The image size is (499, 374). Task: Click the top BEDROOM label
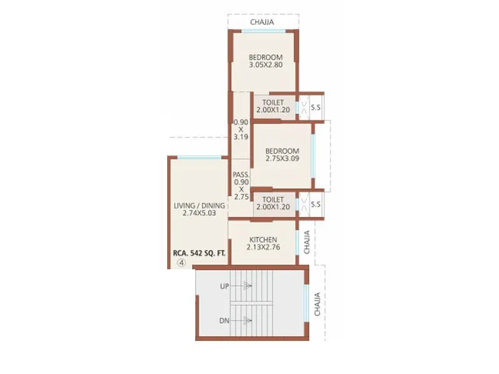(x=266, y=57)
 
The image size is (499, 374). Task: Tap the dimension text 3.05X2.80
(x=266, y=65)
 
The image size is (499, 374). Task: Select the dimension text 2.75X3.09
(x=282, y=158)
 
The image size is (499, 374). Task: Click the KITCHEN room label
(x=263, y=240)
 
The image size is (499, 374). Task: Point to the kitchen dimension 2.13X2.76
(x=263, y=247)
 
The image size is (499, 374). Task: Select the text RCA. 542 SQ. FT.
(x=199, y=254)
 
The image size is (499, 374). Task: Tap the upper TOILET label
(x=274, y=102)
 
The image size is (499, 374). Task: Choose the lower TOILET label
(x=274, y=199)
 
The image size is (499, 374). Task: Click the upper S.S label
(x=316, y=107)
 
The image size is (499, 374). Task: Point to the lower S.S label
(x=316, y=204)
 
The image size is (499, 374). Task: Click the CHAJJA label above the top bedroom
(x=261, y=23)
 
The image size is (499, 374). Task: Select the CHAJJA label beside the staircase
(x=318, y=304)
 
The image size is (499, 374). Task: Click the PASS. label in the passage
(x=241, y=175)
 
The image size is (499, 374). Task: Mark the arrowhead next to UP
(x=248, y=287)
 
